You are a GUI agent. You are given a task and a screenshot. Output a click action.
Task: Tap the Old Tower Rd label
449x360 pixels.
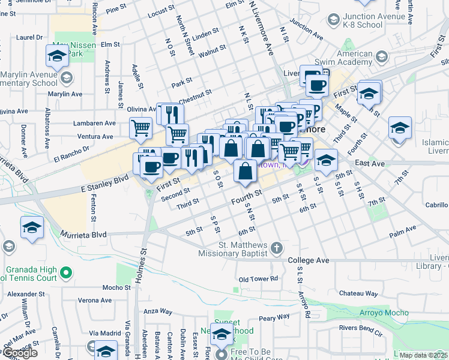(x=258, y=279)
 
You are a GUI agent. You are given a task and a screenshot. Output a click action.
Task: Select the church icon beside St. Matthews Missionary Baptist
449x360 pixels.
(x=276, y=248)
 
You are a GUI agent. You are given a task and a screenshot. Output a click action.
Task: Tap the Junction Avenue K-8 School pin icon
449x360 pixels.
(x=333, y=20)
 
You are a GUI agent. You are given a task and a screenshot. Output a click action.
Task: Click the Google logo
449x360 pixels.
(x=19, y=353)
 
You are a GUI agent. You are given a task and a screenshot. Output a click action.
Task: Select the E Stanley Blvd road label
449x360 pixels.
(x=104, y=178)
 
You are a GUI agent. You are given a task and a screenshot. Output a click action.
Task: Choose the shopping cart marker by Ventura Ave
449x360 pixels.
(x=140, y=127)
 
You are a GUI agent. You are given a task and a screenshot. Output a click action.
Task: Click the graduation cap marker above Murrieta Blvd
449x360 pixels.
(x=32, y=227)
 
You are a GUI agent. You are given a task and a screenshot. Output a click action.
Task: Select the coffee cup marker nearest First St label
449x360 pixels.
(x=152, y=165)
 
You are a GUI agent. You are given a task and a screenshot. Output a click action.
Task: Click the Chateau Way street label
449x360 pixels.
(x=358, y=293)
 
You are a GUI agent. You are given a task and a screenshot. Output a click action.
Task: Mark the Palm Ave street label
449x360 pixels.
(x=403, y=232)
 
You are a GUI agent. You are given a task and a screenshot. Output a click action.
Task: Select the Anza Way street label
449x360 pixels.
(x=158, y=312)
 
